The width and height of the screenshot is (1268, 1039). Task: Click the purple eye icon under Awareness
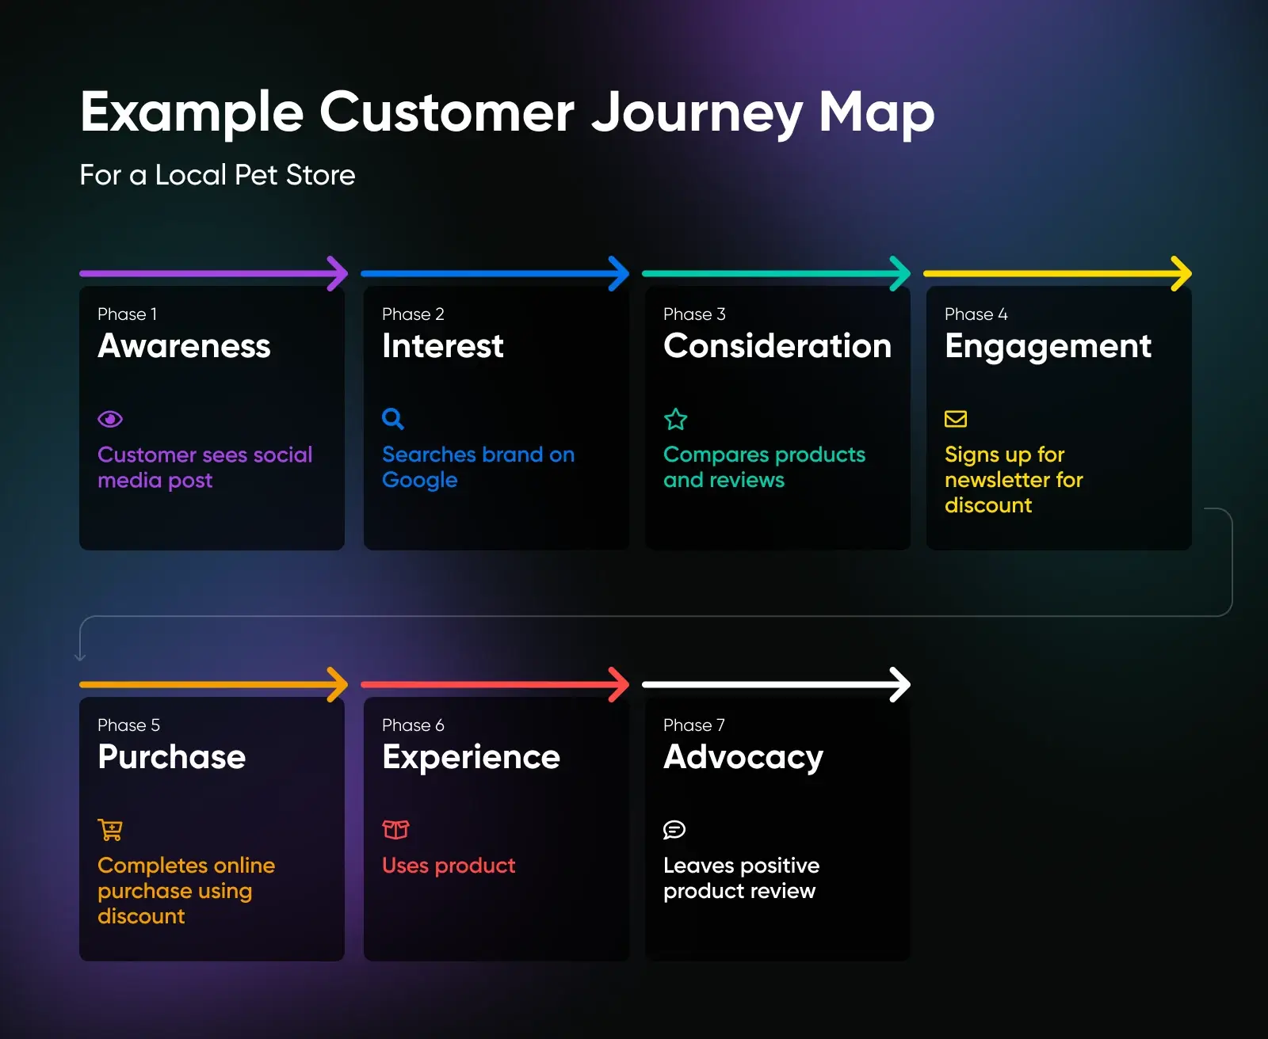(110, 419)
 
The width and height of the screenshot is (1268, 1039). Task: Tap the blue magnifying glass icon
(393, 418)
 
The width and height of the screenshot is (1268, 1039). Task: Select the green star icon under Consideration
(675, 419)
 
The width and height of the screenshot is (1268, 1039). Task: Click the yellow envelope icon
(956, 419)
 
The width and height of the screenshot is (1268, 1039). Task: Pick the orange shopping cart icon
(110, 829)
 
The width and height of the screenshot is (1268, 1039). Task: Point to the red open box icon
(395, 829)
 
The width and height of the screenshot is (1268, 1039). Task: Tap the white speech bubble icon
(674, 829)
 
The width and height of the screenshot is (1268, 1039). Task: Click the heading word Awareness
(184, 346)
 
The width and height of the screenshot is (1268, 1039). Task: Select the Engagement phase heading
(1048, 347)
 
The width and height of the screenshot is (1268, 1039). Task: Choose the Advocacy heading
(743, 758)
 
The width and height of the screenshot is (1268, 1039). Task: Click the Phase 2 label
(413, 314)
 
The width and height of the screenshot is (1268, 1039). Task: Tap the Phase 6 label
(413, 725)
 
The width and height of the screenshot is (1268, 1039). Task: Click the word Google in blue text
(420, 481)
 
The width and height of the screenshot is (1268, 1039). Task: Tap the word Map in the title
(877, 112)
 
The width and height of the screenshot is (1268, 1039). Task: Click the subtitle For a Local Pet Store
(217, 175)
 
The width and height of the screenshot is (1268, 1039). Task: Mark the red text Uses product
(449, 866)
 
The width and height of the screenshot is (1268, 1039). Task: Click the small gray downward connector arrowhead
(80, 656)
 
